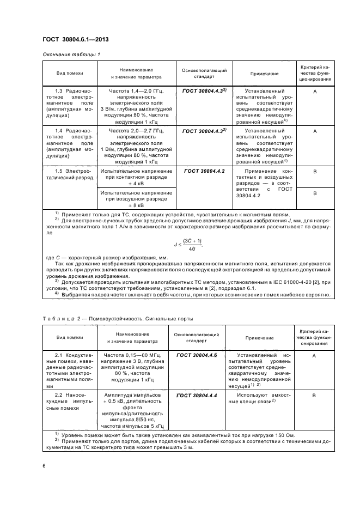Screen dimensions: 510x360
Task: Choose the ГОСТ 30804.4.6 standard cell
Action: pyautogui.click(x=197, y=355)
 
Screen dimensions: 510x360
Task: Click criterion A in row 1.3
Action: pyautogui.click(x=315, y=92)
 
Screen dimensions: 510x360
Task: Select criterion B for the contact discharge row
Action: pyautogui.click(x=315, y=171)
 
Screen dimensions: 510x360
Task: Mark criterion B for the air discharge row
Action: pyautogui.click(x=315, y=193)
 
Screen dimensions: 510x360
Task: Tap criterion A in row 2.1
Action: pyautogui.click(x=314, y=355)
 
